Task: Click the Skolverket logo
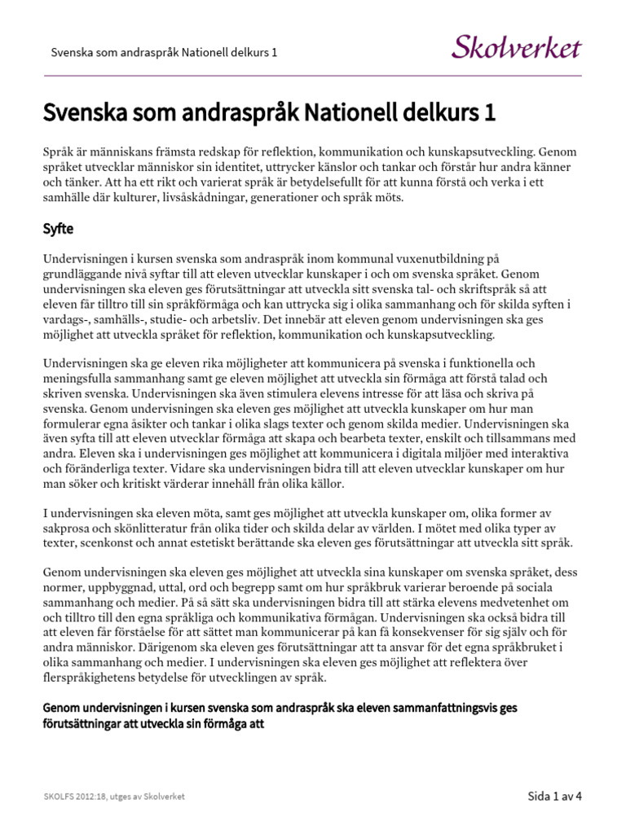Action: coord(517,47)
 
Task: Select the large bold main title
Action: coord(269,112)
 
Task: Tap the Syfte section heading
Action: coord(60,230)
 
